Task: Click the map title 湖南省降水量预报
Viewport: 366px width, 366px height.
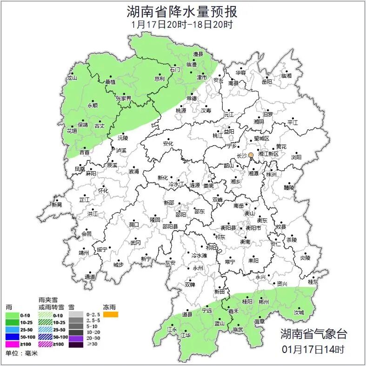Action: click(x=183, y=11)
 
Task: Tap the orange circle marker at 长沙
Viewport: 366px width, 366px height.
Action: click(x=251, y=155)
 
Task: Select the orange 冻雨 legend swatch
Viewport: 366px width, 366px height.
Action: click(x=111, y=314)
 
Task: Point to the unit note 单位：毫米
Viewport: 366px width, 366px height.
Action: click(x=21, y=354)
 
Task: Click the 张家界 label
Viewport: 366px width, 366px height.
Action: click(x=124, y=99)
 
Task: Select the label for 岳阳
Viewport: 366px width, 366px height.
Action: click(x=266, y=82)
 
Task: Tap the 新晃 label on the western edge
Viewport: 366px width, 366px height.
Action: click(x=57, y=205)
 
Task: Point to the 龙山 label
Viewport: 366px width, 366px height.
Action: click(x=72, y=78)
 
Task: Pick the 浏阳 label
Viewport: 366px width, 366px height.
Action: click(x=296, y=157)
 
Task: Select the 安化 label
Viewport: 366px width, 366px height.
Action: click(x=168, y=144)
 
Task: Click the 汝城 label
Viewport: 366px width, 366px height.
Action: click(x=299, y=313)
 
